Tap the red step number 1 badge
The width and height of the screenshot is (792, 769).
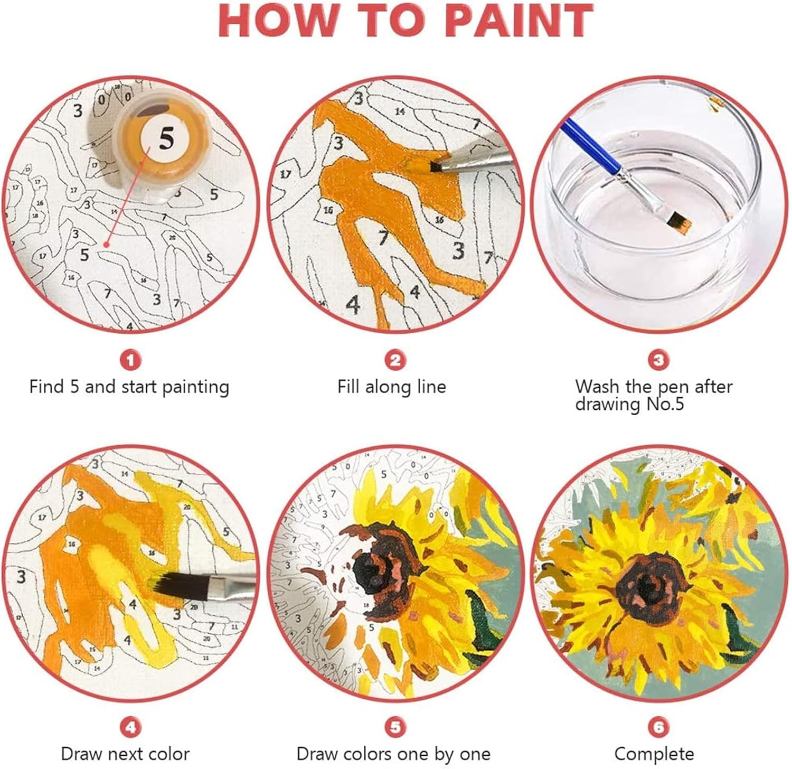point(130,361)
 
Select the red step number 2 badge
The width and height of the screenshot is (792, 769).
point(395,361)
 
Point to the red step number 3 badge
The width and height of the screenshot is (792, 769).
point(658,361)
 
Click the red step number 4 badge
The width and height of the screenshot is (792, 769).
point(130,727)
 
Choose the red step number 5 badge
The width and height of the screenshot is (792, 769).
point(395,727)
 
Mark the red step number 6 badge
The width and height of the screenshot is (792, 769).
point(658,727)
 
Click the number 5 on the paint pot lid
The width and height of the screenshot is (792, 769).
point(165,139)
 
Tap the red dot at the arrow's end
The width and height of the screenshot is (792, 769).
point(106,245)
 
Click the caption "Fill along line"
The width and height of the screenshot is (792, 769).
point(392,387)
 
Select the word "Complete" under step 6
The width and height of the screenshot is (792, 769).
point(654,754)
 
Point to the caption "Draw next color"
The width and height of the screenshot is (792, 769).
point(125,754)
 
